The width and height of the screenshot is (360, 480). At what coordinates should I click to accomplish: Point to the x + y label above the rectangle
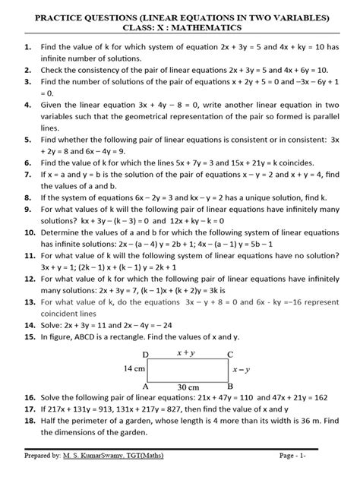click(x=187, y=353)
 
